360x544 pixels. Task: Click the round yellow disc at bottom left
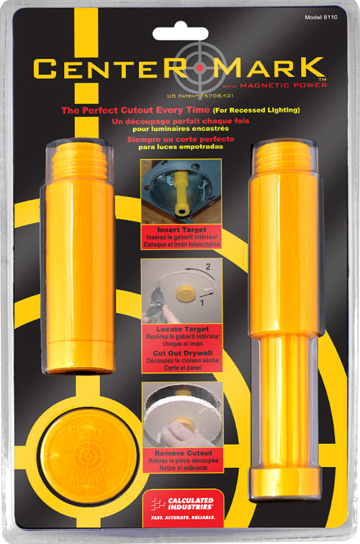85,453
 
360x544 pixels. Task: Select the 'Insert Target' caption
181,229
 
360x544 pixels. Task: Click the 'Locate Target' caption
181,329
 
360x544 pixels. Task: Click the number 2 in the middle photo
207,268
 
